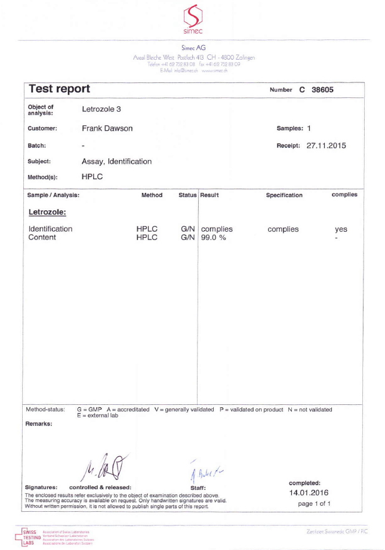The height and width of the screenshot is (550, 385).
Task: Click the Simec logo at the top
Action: click(193, 19)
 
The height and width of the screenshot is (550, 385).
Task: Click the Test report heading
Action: click(59, 89)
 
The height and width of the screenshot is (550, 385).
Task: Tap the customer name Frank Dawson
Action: click(107, 128)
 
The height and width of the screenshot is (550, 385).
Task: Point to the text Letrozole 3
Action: click(101, 109)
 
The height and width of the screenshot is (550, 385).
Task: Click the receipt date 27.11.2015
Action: click(326, 145)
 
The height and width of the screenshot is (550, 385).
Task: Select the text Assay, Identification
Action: click(116, 161)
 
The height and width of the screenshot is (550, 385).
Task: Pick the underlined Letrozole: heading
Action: click(47, 212)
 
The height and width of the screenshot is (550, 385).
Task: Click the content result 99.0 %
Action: click(214, 238)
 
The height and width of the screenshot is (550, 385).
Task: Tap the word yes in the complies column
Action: click(341, 229)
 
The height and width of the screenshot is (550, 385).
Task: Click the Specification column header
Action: click(284, 195)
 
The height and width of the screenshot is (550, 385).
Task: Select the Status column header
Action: click(188, 195)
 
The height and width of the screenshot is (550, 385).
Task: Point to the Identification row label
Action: click(51, 229)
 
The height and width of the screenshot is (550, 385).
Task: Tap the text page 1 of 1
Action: click(314, 504)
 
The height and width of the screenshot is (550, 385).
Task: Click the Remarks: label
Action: click(39, 424)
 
